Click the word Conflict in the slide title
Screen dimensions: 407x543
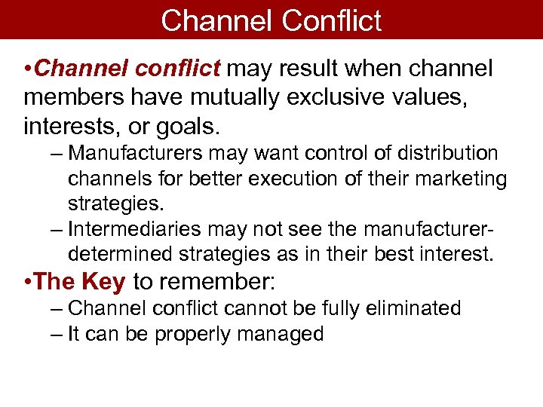331,20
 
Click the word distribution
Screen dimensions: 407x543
450,154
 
